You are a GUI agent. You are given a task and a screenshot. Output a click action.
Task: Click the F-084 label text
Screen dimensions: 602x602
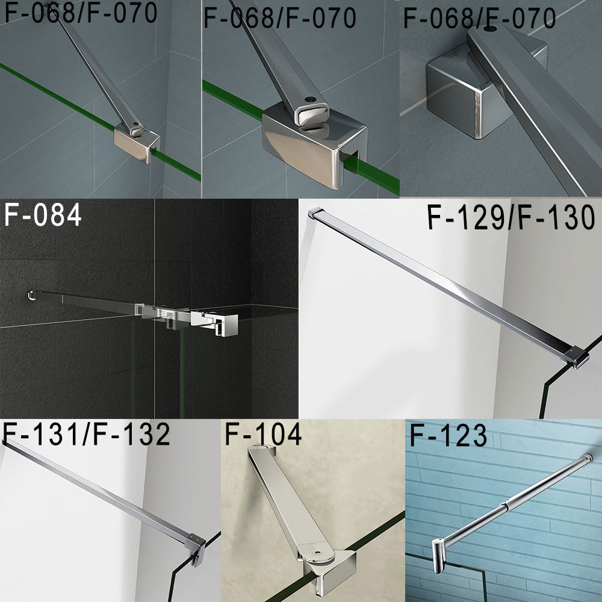(42, 216)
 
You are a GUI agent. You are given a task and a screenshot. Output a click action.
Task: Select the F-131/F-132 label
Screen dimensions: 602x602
(87, 435)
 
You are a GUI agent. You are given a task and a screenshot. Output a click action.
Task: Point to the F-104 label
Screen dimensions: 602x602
(262, 435)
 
